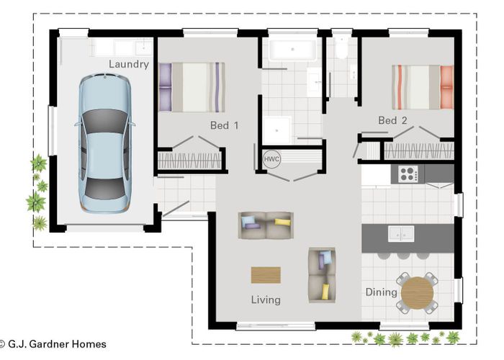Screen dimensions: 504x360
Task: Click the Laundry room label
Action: click(x=129, y=64)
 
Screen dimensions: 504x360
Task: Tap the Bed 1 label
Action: click(x=225, y=125)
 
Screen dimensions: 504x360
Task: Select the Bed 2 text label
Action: click(x=392, y=120)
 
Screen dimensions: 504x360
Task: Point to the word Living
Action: click(x=266, y=300)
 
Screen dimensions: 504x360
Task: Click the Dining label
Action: click(x=381, y=292)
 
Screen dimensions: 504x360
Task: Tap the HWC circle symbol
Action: click(x=271, y=159)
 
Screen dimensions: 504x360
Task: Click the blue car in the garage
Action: click(x=105, y=143)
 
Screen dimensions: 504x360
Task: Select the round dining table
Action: click(x=417, y=293)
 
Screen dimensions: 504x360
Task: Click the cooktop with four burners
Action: click(x=408, y=174)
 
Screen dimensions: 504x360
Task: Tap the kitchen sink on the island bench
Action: click(x=401, y=233)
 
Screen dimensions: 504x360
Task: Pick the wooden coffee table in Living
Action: click(x=266, y=275)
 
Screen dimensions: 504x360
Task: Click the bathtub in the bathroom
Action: click(x=292, y=50)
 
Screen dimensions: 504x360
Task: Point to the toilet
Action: click(x=341, y=48)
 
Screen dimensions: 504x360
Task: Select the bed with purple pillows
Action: click(x=192, y=87)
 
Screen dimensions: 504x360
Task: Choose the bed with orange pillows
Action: click(x=423, y=87)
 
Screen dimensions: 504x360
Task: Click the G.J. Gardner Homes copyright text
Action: click(x=53, y=344)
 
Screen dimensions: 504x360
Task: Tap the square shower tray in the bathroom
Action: click(x=277, y=130)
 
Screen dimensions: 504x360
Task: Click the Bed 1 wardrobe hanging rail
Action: click(x=189, y=160)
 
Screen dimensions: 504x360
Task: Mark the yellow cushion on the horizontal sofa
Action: click(x=282, y=222)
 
